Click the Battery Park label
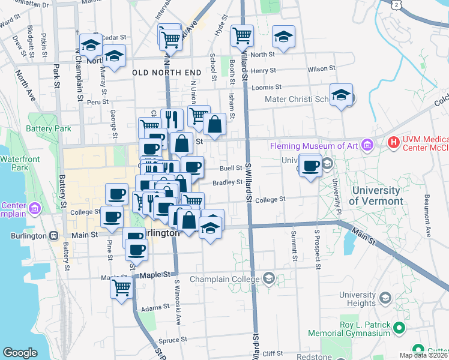49,128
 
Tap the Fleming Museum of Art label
314,145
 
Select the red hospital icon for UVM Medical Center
394,143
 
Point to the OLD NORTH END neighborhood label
166,73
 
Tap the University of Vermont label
377,196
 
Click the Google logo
20,353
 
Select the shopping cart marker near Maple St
121,288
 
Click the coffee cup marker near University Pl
311,166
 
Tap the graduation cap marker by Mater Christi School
341,96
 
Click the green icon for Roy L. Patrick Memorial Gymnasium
397,328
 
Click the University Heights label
357,299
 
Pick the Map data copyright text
423,355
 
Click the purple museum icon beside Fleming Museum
367,145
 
